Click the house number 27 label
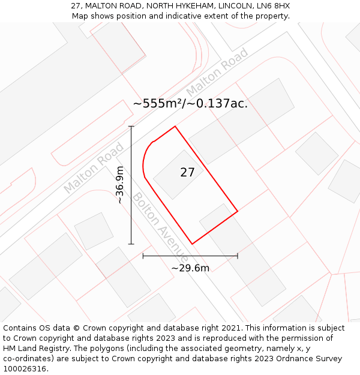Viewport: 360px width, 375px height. pyautogui.click(x=188, y=173)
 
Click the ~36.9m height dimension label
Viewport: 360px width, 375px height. pyautogui.click(x=120, y=185)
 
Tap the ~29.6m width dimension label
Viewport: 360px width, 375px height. pyautogui.click(x=190, y=268)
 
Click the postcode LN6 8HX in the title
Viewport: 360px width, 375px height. pyautogui.click(x=274, y=5)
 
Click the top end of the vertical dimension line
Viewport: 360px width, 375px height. pyautogui.click(x=131, y=127)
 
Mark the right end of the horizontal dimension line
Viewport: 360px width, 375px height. pyautogui.click(x=238, y=256)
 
